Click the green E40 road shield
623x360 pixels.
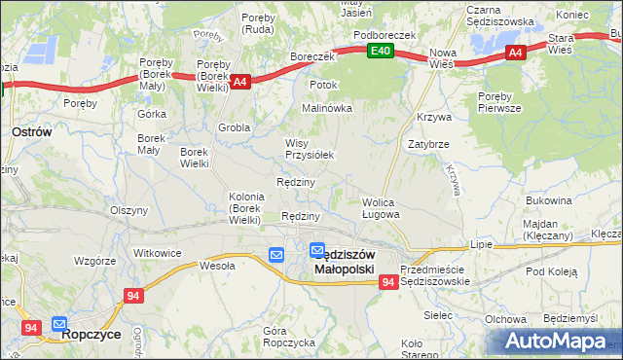(381, 52)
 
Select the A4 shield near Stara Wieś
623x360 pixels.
(515, 54)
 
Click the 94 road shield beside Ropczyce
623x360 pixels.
(30, 329)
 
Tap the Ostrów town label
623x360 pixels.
(30, 129)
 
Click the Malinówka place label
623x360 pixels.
(326, 108)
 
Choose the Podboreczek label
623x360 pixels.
(385, 34)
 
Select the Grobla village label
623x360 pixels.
(235, 126)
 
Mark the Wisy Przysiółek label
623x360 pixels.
(310, 149)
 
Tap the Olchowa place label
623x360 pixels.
(505, 319)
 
